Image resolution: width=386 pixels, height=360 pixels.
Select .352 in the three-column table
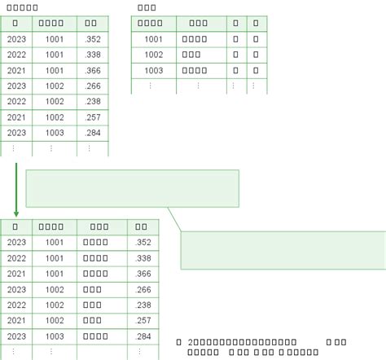coord(93,39)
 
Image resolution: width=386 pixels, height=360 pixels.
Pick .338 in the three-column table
coord(93,55)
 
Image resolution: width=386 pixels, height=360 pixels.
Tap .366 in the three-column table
coord(93,71)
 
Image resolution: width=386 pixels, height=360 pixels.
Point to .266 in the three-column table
coord(93,86)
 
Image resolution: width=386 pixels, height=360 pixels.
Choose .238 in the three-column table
coord(93,102)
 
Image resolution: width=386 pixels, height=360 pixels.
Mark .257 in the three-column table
coord(93,117)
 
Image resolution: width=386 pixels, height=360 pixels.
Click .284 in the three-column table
coord(93,133)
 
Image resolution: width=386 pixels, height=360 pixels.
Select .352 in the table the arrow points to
coord(143,242)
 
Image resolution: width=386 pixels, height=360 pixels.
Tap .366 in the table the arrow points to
coord(143,274)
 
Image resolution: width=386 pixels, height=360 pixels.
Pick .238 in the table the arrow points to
coord(143,305)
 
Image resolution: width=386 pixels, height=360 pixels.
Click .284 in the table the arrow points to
coord(143,336)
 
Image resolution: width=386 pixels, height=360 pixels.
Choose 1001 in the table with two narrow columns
coord(153,39)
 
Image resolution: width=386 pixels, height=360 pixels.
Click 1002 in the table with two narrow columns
coord(153,55)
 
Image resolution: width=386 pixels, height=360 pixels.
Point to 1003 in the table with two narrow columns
coord(153,71)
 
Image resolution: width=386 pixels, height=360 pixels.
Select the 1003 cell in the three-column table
coord(55,133)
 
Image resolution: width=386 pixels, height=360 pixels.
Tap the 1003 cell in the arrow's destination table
coord(55,336)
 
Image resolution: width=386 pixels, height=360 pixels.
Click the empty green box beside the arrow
coord(133,189)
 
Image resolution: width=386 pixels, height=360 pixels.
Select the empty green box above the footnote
coord(283,250)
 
